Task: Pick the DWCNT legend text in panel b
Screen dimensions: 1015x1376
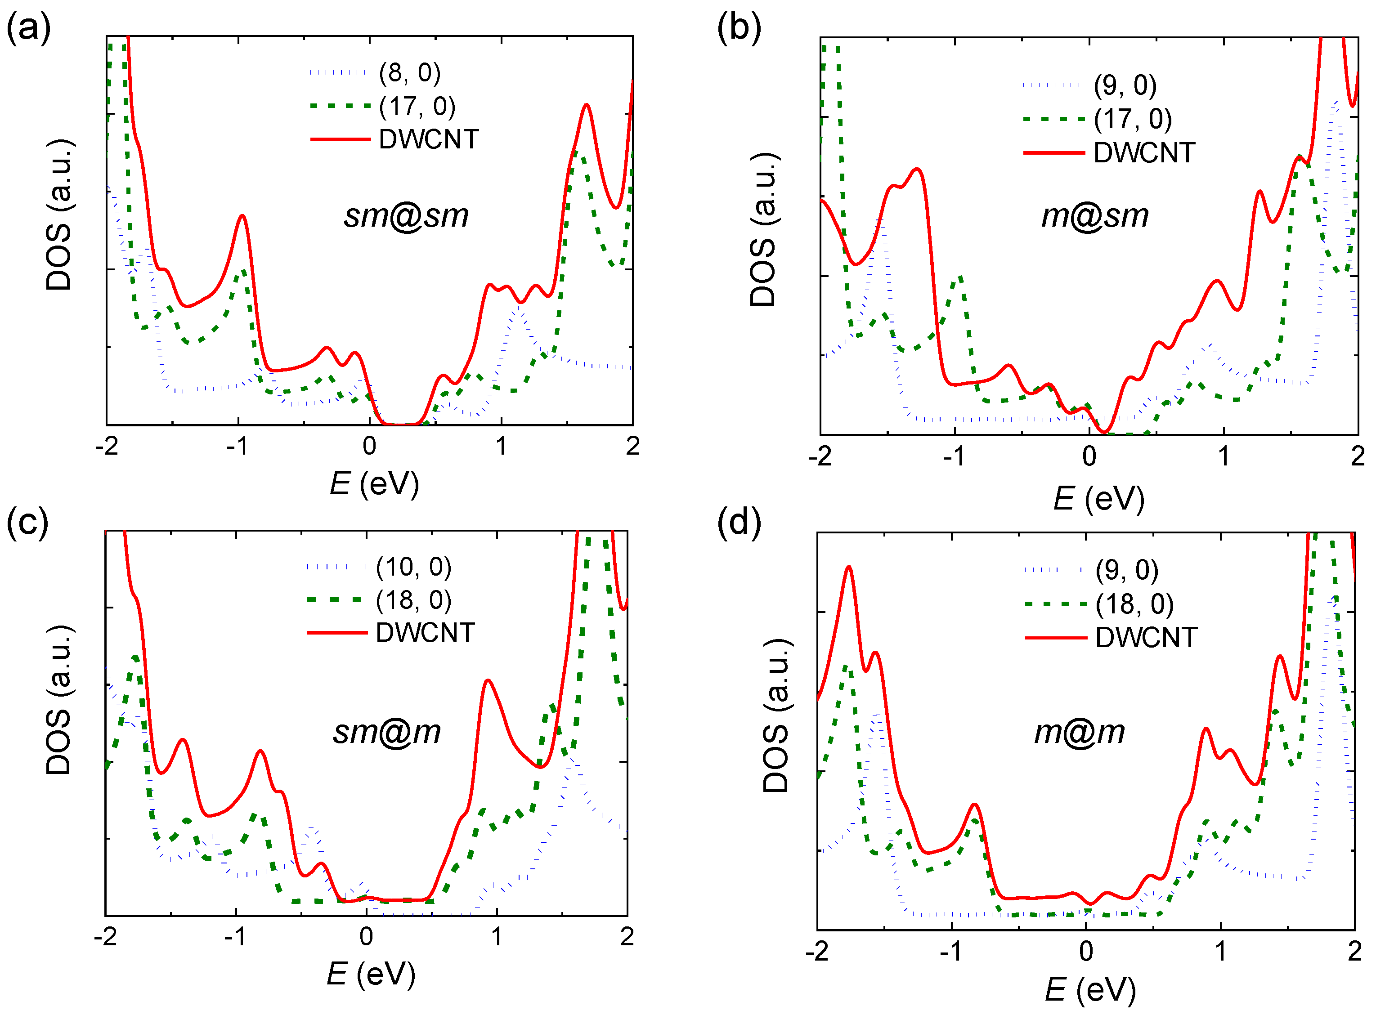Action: coord(1144,153)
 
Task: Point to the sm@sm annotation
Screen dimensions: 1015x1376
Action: coord(406,216)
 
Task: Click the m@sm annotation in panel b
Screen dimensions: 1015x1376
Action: coord(1094,216)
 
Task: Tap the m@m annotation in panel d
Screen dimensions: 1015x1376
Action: coord(1080,732)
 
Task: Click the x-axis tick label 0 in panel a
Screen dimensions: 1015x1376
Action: coord(369,446)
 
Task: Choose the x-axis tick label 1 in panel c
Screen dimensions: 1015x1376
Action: coord(497,937)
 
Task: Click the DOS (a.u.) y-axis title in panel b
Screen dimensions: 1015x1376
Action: coord(764,229)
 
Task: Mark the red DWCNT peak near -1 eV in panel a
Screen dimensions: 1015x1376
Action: coord(243,216)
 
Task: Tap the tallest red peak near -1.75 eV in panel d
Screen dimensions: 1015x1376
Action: coord(849,567)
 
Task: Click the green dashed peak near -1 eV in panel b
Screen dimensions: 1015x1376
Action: coord(959,278)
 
